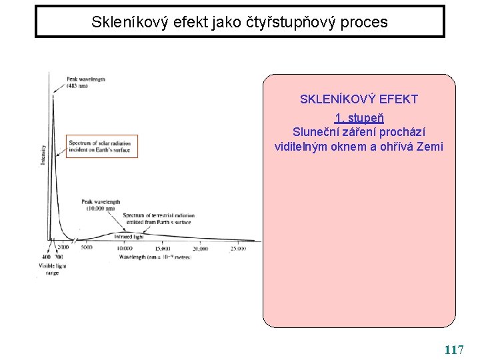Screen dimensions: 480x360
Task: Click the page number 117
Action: click(454, 349)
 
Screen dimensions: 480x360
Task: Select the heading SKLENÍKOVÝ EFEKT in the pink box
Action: click(359, 99)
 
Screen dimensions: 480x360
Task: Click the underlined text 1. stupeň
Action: click(359, 119)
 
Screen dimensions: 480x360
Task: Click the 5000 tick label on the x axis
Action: click(87, 248)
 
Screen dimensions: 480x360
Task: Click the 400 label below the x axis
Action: click(45, 257)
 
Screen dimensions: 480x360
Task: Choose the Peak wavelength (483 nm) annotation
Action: click(85, 83)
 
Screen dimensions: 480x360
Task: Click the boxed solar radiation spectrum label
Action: click(102, 146)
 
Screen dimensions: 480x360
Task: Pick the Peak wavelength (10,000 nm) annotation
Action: click(101, 205)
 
